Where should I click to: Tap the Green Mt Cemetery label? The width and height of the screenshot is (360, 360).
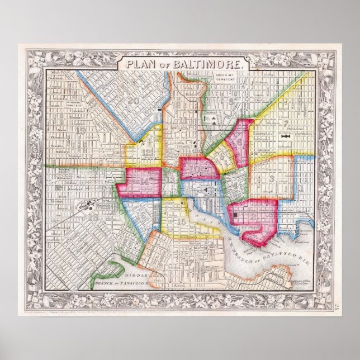(x=225, y=79)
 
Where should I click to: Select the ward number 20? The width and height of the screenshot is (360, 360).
(x=133, y=101)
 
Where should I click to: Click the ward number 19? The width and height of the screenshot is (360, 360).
(x=80, y=131)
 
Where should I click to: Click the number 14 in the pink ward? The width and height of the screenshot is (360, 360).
(x=144, y=181)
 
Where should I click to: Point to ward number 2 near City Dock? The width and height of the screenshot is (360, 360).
(x=253, y=216)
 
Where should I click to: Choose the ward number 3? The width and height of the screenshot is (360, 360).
(x=272, y=179)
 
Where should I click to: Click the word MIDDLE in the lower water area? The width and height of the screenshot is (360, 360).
(x=136, y=276)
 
